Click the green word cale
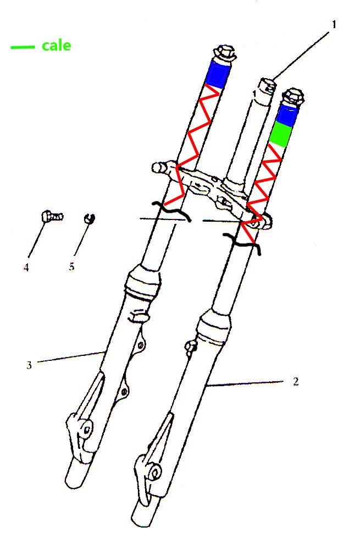point(57,46)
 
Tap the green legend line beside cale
point(23,47)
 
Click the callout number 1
point(334,25)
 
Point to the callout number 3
point(29,364)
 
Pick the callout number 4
point(26,267)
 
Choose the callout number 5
point(71,267)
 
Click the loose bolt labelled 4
point(51,216)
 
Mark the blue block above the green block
point(286,114)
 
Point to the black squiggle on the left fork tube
point(171,211)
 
